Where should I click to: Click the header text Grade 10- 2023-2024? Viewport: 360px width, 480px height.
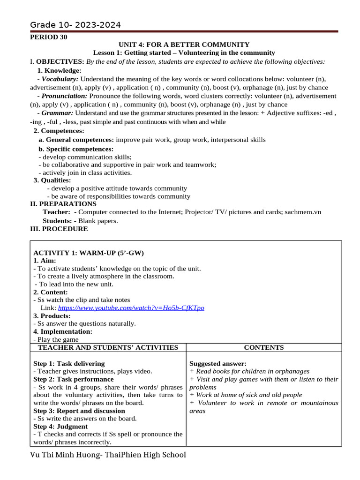75,25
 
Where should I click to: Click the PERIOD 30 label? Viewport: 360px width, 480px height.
49,37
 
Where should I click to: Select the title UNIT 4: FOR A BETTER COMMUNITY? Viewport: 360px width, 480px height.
184,45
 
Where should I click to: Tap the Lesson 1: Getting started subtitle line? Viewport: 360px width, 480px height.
184,53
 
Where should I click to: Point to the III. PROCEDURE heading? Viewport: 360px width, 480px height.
59,229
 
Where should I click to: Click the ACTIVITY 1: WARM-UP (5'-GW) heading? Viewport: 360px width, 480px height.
89,253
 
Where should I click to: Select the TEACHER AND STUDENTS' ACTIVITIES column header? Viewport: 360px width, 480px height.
108,347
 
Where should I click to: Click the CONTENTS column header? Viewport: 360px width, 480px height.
264,347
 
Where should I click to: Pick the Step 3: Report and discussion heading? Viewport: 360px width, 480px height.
79,411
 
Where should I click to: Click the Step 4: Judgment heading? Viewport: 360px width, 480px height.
60,427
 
